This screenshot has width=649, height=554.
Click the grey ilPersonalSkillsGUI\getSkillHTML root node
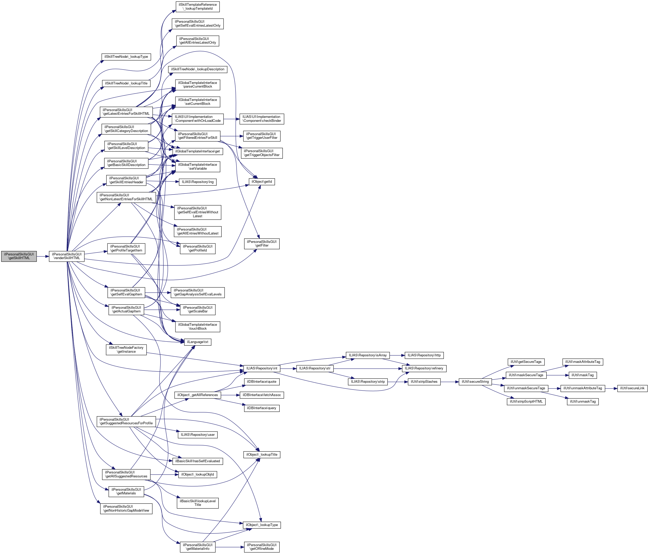19,256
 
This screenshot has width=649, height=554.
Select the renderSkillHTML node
67,256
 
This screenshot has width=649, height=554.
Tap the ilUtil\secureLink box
632,388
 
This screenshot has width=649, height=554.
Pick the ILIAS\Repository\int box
262,368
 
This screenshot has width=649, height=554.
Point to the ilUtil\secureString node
475,382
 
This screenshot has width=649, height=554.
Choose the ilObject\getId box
262,181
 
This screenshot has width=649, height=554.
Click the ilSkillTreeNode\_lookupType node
126,57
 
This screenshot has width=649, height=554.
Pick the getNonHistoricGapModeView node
126,508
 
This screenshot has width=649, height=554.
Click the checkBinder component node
262,119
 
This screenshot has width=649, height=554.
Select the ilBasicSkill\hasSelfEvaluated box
198,461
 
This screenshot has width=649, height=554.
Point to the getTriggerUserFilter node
262,136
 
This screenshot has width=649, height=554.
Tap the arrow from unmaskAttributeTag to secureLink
611,388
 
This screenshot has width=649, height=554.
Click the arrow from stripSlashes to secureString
450,382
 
